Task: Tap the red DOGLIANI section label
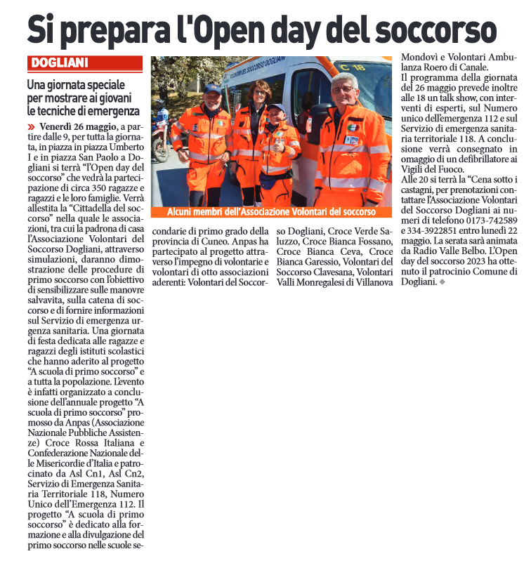pyautogui.click(x=59, y=63)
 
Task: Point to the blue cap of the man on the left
pyautogui.click(x=211, y=88)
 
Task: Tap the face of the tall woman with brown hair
pyautogui.click(x=260, y=94)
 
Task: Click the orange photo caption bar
pyautogui.click(x=271, y=211)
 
